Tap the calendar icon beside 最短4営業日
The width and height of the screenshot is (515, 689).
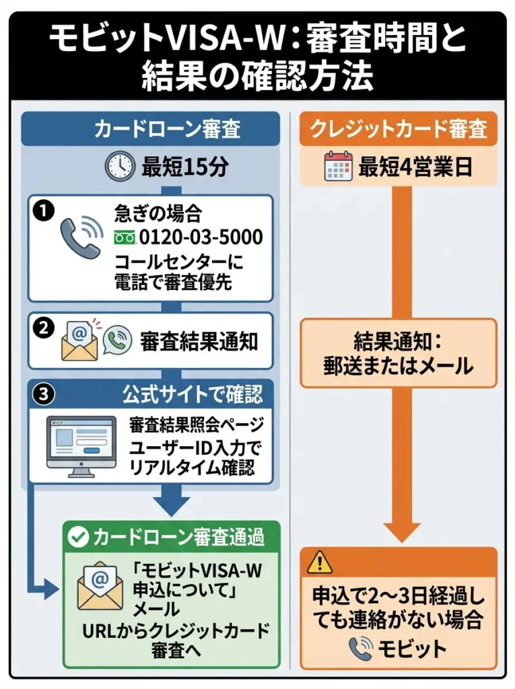[x=338, y=166]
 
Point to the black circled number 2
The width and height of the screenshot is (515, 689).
[x=44, y=329]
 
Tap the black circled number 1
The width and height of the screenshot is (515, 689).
[x=44, y=211]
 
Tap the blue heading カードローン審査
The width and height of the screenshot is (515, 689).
[x=150, y=129]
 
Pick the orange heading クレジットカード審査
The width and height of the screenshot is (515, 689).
[x=399, y=129]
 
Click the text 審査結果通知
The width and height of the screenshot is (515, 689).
[x=199, y=341]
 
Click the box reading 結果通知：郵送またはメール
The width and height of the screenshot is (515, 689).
[x=399, y=354]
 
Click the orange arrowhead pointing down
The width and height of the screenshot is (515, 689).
[x=399, y=529]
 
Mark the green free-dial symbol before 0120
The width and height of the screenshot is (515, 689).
[x=125, y=238]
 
